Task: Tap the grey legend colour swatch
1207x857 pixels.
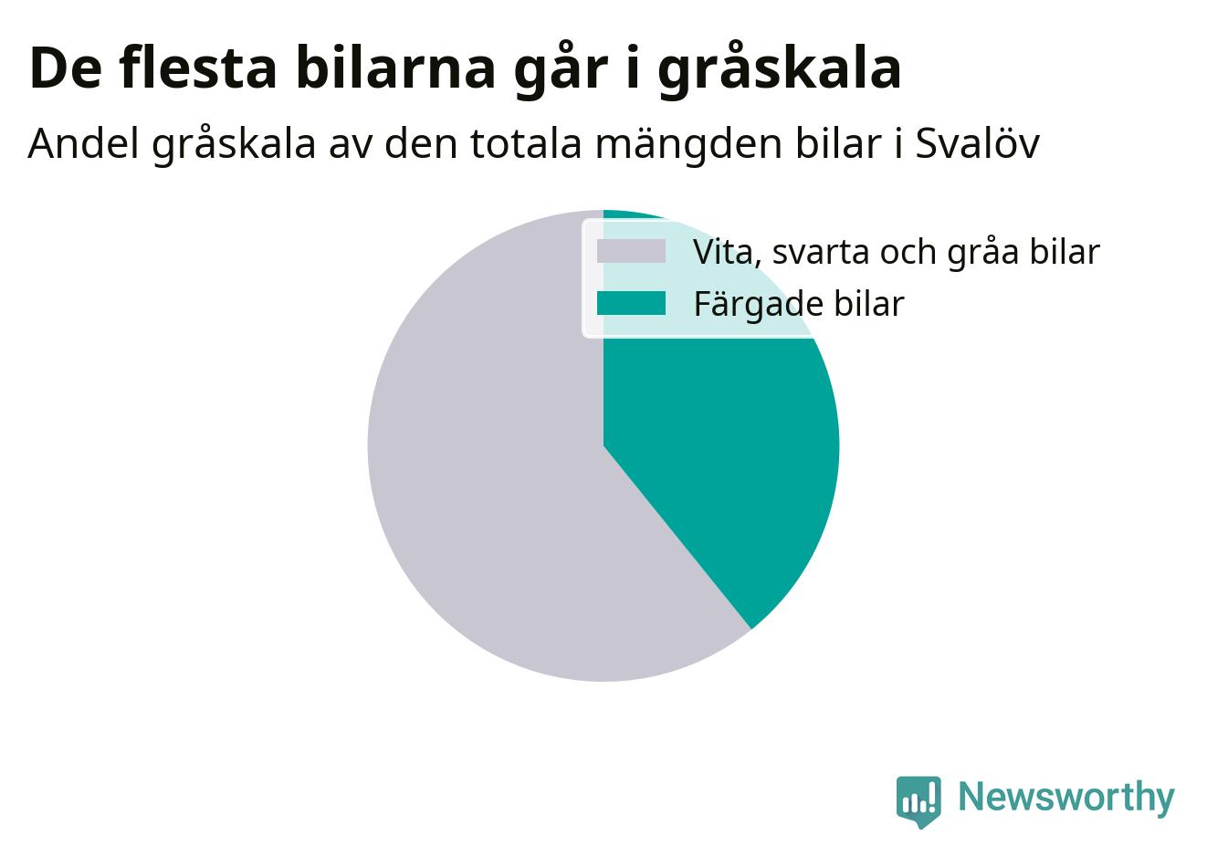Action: [x=631, y=252]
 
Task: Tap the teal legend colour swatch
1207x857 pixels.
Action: [x=631, y=303]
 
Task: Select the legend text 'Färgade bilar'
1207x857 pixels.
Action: [x=799, y=304]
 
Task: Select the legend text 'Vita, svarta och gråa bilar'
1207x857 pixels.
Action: [x=896, y=252]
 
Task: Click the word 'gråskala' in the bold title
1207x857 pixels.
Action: [x=779, y=70]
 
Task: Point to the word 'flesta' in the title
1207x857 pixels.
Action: [x=198, y=68]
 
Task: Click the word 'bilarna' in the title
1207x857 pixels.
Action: [x=395, y=68]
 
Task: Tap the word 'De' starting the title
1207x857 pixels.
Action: [x=65, y=68]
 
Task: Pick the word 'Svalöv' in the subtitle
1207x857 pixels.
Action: [x=978, y=144]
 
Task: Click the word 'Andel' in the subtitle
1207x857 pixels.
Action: [x=83, y=144]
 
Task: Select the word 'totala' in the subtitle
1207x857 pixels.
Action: [x=526, y=144]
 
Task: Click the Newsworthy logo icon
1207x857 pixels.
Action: [x=918, y=801]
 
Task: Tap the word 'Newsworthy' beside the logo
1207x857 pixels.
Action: [x=1066, y=797]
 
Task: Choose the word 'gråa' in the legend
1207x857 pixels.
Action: [x=982, y=253]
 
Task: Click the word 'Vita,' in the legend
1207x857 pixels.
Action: [x=727, y=253]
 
